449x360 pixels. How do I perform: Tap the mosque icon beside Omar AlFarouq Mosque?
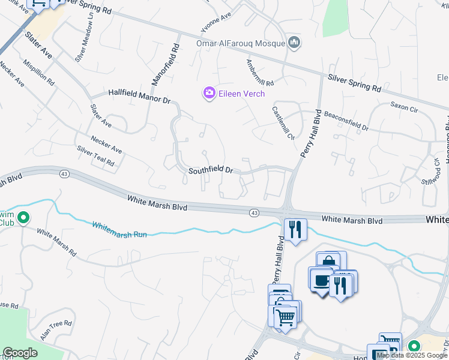(294, 43)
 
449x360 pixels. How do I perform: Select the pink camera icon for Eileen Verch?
(209, 93)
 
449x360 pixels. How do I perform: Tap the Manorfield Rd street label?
(174, 62)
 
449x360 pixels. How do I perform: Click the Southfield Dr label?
(210, 170)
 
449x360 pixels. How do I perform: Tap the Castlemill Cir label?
(283, 123)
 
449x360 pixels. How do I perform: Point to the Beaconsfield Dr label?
(346, 120)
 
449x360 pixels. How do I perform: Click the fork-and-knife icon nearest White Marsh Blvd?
(295, 229)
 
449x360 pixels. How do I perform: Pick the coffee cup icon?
(321, 280)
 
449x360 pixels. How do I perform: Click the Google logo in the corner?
(20, 353)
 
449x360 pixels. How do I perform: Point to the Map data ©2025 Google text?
(412, 355)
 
